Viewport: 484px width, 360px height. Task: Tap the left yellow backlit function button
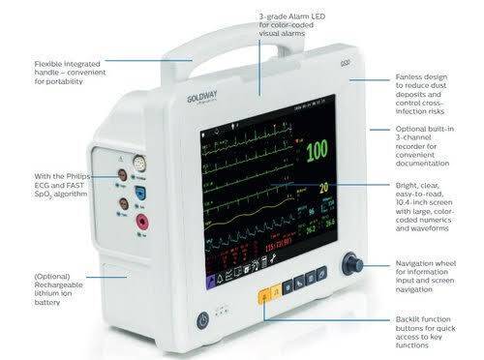(262, 287)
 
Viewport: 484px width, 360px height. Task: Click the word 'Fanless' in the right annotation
(408, 75)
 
